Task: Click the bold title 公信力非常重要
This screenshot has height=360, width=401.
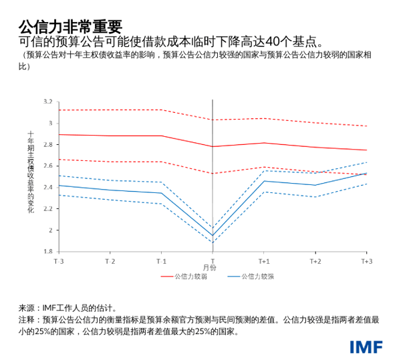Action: (x=71, y=25)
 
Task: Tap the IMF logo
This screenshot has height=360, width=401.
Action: (x=366, y=347)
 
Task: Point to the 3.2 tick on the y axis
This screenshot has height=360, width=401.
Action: (x=47, y=102)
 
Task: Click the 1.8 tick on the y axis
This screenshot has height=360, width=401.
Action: (x=47, y=252)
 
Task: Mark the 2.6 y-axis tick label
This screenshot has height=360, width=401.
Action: (x=47, y=166)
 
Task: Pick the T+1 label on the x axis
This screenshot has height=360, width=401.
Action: (x=264, y=260)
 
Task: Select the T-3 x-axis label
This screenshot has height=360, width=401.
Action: (x=59, y=260)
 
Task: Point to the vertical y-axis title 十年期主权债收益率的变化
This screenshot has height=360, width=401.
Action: (x=30, y=172)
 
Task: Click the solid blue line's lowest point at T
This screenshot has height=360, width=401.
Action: (x=213, y=235)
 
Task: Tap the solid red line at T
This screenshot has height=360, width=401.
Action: (x=213, y=146)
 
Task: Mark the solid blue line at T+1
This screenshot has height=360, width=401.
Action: (x=264, y=181)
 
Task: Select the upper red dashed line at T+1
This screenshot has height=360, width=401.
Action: (x=264, y=118)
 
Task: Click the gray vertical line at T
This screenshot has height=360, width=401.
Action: (x=213, y=200)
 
